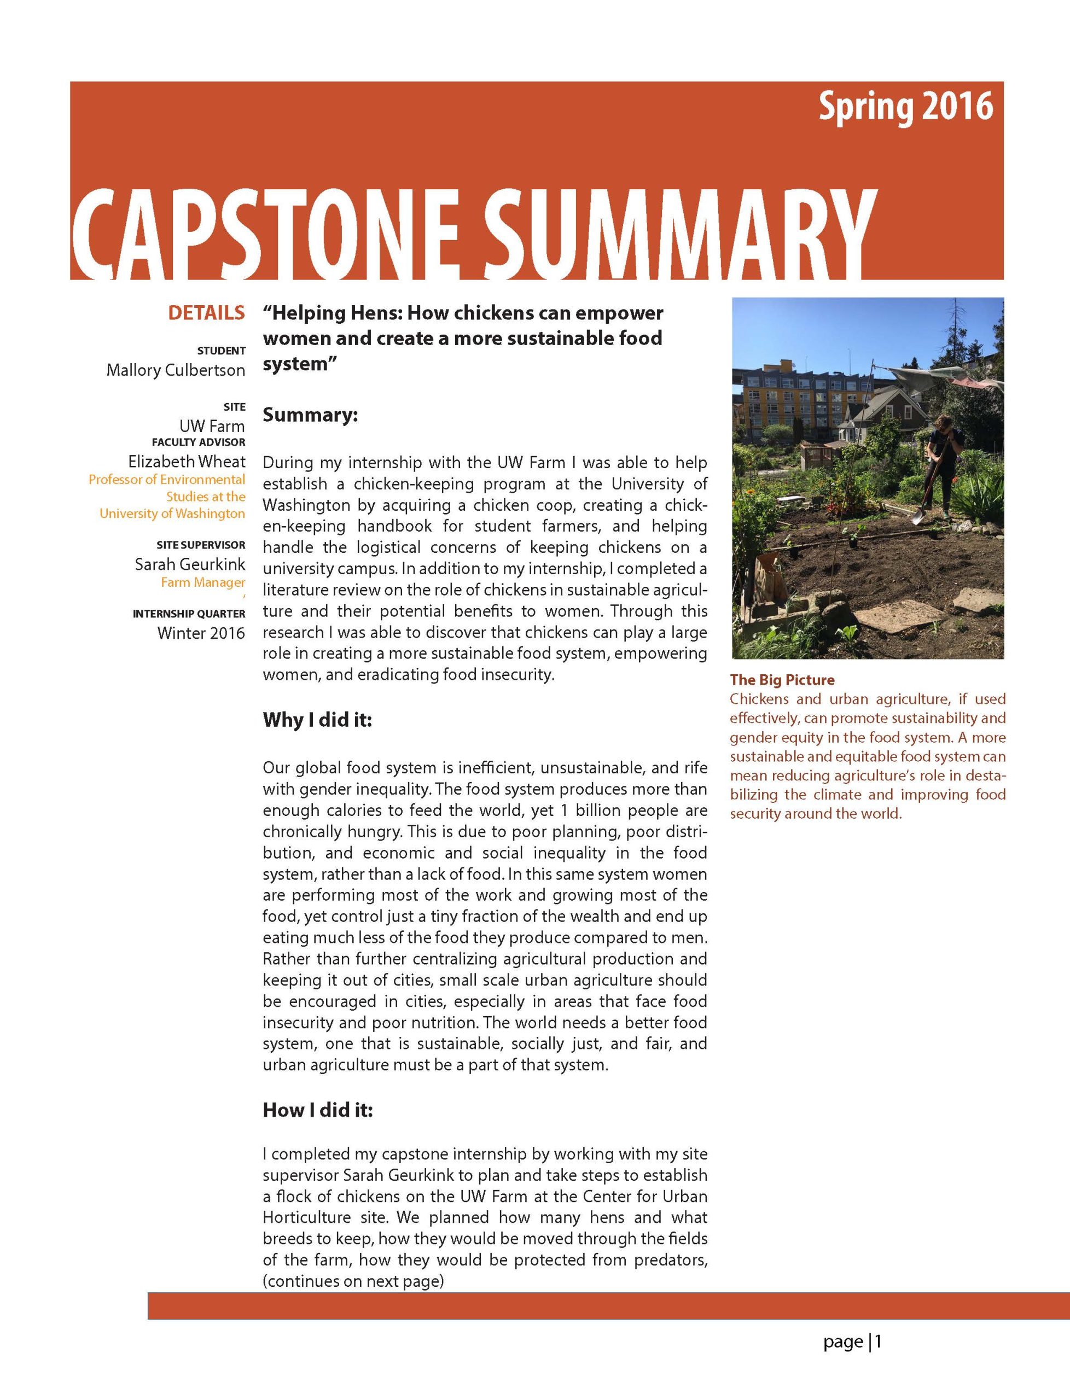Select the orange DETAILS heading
pyautogui.click(x=206, y=313)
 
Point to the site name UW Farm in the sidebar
pyautogui.click(x=212, y=426)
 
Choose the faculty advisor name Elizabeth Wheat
pyautogui.click(x=186, y=462)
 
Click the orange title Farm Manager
pyautogui.click(x=202, y=582)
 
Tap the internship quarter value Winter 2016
pyautogui.click(x=201, y=633)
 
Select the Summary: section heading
pyautogui.click(x=310, y=415)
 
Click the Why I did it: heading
pyautogui.click(x=317, y=720)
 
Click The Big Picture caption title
pyautogui.click(x=782, y=680)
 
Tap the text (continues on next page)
pyautogui.click(x=353, y=1281)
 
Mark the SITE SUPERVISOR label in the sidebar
pyautogui.click(x=201, y=545)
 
